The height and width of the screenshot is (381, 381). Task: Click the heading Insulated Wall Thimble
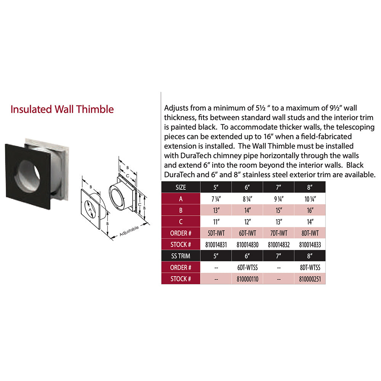click(62, 109)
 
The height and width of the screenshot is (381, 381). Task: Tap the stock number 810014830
click(248, 244)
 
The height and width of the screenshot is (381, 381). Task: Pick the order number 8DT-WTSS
click(310, 267)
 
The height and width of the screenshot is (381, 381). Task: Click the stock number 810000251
click(310, 279)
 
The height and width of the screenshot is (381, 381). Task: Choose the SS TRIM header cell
click(181, 256)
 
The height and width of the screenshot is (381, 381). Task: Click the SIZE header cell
click(181, 187)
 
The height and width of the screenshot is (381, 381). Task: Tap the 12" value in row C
click(248, 221)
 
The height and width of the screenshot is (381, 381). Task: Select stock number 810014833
click(310, 244)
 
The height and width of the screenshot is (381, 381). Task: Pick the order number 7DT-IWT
click(279, 233)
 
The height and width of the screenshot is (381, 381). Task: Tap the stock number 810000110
click(248, 279)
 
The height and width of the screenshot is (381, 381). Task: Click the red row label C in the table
click(181, 221)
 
